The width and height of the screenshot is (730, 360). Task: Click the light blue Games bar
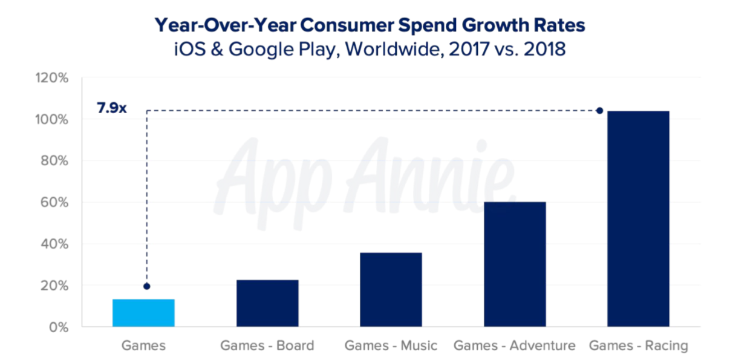(144, 313)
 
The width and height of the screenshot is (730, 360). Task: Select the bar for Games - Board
(267, 303)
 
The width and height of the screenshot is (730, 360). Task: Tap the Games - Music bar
(391, 289)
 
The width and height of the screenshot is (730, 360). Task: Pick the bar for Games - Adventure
(515, 264)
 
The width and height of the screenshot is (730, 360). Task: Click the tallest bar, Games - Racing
(638, 219)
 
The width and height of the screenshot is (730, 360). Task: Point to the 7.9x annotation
(112, 110)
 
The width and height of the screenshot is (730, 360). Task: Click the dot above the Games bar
(146, 286)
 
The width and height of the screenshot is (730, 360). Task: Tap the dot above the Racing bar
(599, 111)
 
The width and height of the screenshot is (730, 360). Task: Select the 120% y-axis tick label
(54, 78)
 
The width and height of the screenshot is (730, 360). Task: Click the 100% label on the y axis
(54, 120)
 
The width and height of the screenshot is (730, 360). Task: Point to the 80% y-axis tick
(56, 161)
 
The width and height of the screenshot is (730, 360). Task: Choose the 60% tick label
(56, 203)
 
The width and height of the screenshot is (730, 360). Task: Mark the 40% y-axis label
(56, 244)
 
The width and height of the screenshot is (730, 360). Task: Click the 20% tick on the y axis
(56, 286)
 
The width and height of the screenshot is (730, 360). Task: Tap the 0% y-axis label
(59, 327)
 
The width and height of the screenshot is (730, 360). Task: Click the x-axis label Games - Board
(267, 346)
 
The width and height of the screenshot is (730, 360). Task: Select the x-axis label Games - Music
(391, 346)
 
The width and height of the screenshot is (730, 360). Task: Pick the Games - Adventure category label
(515, 346)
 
